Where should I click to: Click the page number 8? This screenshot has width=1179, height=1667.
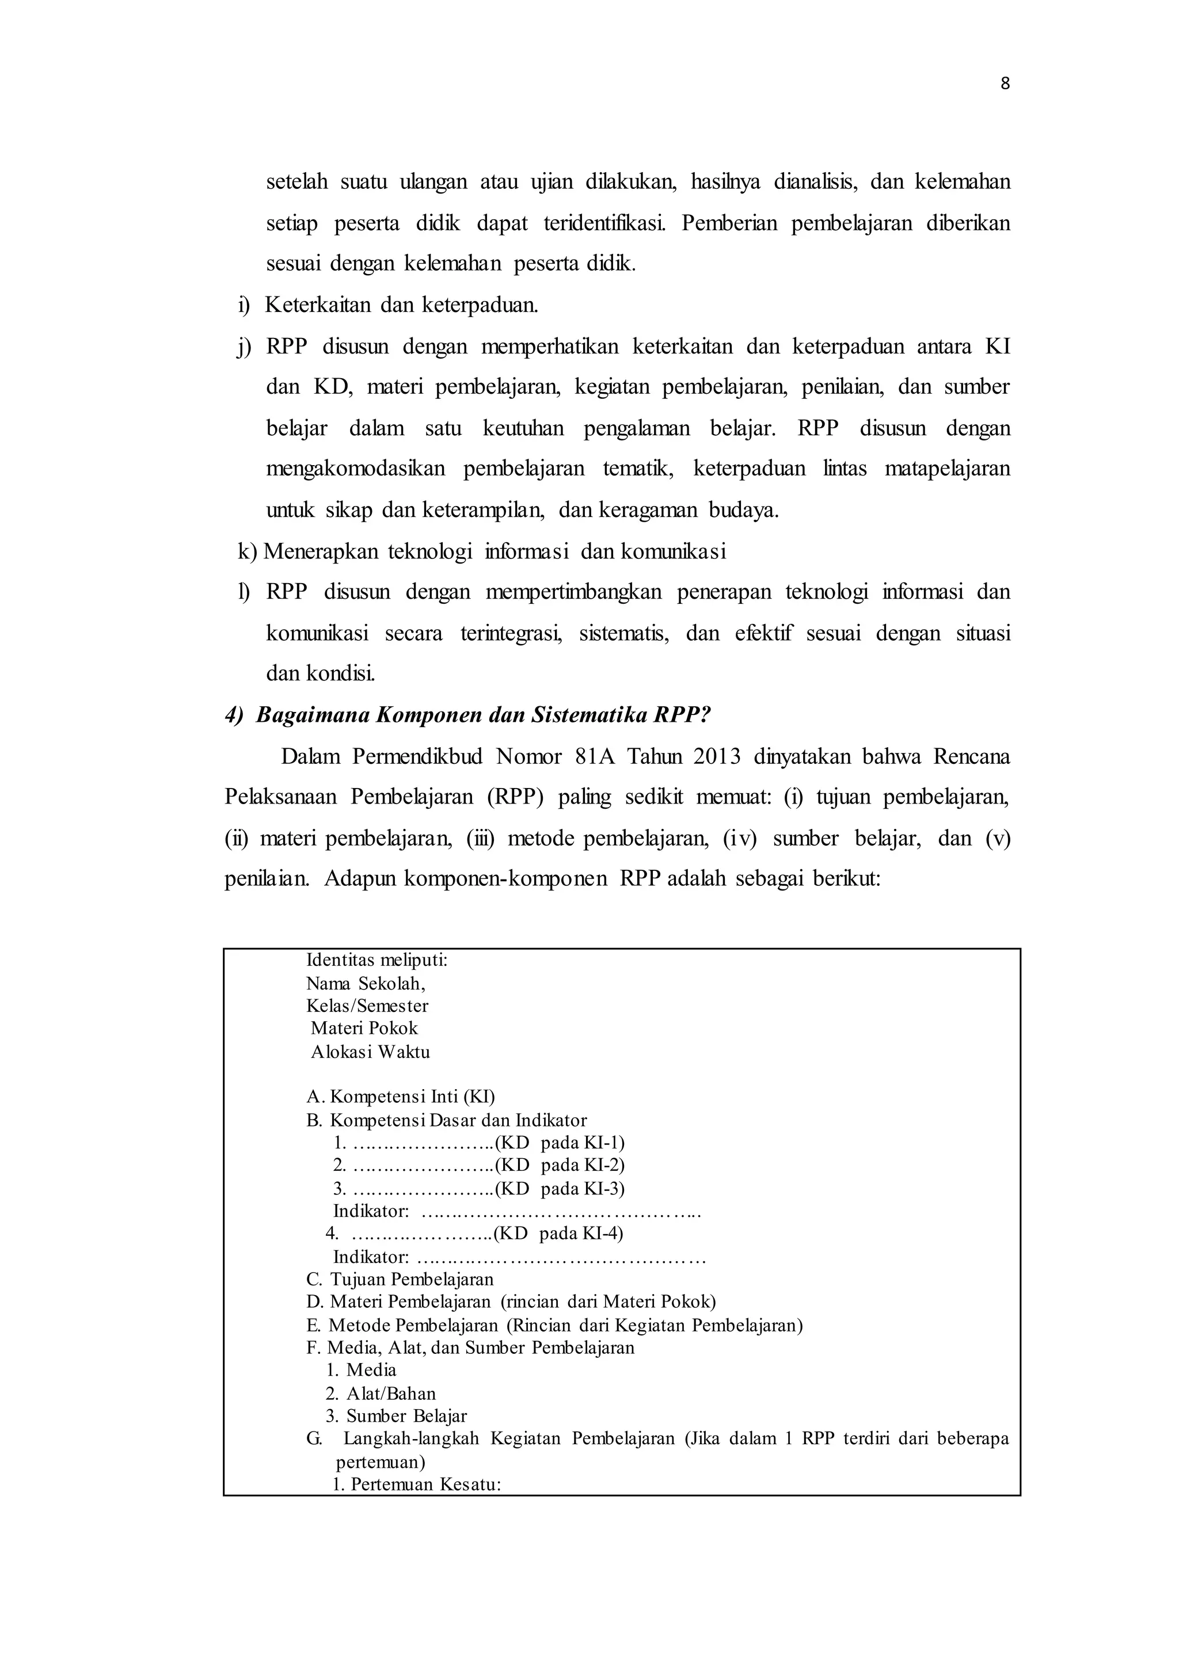(x=1005, y=84)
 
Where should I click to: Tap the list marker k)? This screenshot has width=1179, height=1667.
(x=247, y=552)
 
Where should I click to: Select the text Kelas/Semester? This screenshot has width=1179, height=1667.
(x=367, y=1006)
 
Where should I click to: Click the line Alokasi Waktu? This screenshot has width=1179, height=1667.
(x=370, y=1052)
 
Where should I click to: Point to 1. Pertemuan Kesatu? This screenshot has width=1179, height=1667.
(x=417, y=1484)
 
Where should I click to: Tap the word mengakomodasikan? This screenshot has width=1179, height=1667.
(x=355, y=469)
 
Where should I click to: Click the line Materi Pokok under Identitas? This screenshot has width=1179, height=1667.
(x=364, y=1029)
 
